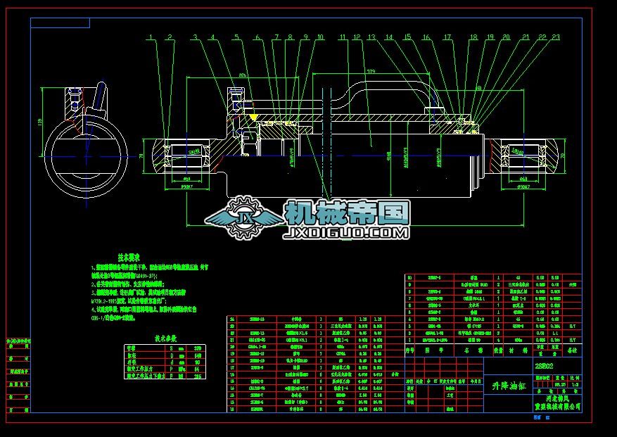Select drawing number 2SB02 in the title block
[544, 367]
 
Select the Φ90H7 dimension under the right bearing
[523, 187]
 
